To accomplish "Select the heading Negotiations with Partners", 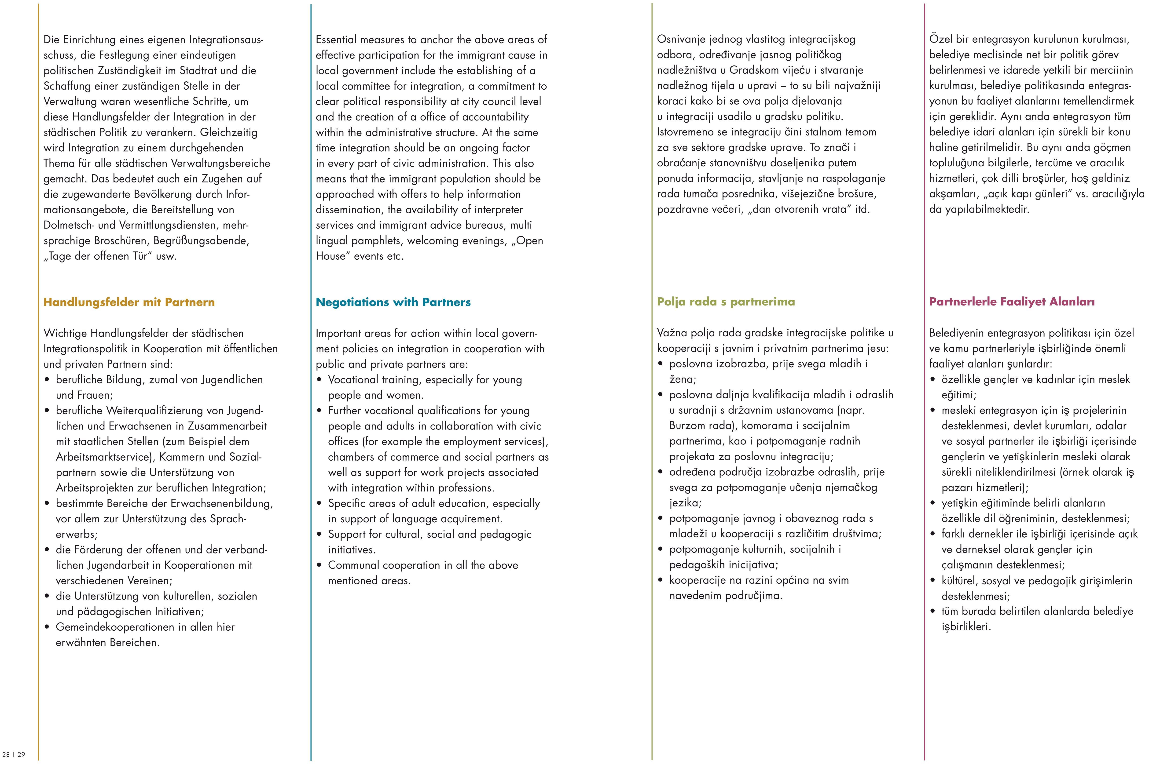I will pos(393,302).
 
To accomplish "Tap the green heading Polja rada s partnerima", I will pos(725,302).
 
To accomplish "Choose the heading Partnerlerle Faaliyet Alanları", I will pos(1012,302).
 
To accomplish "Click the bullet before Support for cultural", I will pos(319,535).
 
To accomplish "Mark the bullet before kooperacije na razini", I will pos(661,580).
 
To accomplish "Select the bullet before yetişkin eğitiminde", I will pos(933,503).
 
